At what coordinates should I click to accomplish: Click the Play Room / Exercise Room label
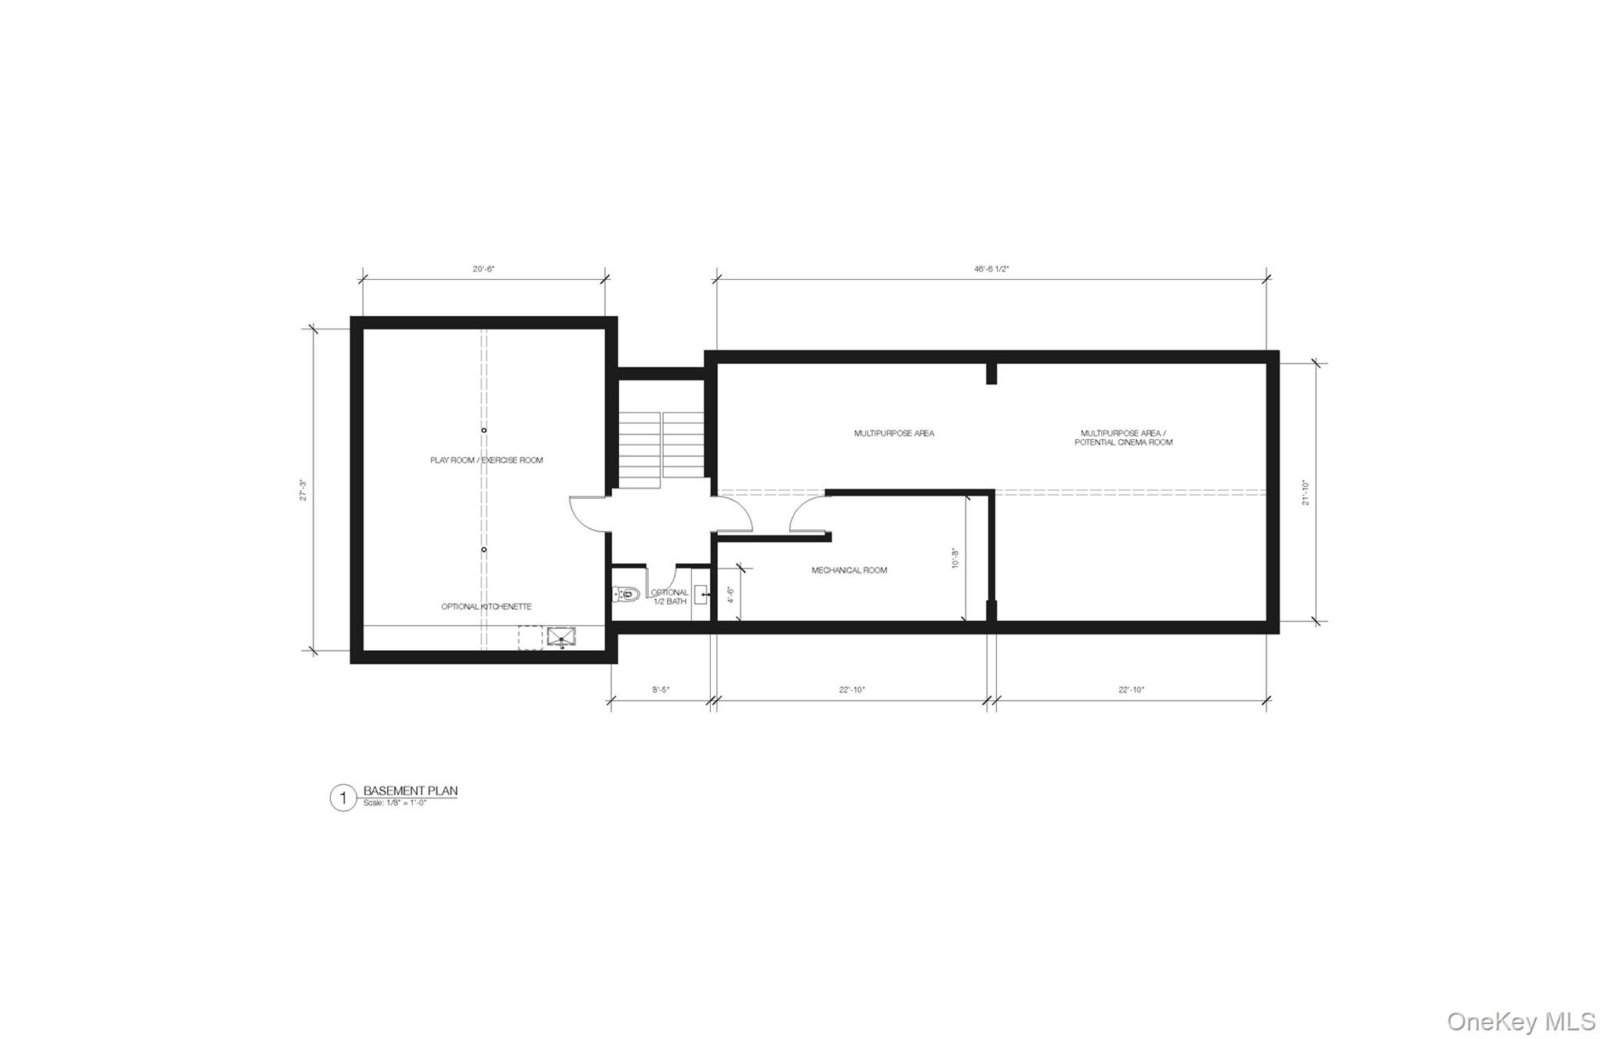(486, 460)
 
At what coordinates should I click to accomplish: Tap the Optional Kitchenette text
(486, 607)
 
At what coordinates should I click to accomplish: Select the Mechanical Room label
(849, 571)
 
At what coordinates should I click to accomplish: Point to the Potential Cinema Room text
(1123, 443)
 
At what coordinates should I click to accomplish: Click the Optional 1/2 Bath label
(669, 597)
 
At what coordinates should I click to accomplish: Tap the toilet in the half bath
(624, 594)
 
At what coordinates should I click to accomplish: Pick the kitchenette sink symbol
(560, 638)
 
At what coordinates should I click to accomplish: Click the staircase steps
(662, 449)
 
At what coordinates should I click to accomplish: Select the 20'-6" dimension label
(484, 269)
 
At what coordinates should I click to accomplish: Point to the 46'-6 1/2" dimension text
(991, 268)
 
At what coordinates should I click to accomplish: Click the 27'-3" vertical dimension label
(303, 490)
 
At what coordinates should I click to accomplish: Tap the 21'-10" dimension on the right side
(1306, 492)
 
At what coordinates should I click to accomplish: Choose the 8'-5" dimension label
(661, 690)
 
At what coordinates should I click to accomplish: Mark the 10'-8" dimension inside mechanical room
(954, 558)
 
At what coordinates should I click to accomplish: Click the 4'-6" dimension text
(730, 595)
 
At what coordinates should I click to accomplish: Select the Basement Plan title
(410, 791)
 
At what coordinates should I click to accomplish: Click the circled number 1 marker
(342, 798)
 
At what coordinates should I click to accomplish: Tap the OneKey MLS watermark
(1520, 1021)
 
